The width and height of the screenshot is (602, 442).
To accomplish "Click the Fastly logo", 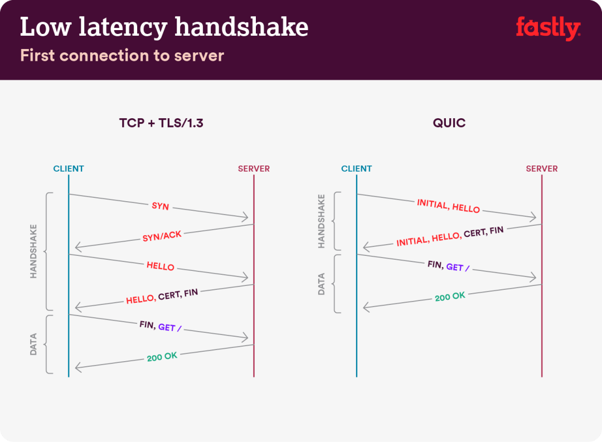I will (x=548, y=28).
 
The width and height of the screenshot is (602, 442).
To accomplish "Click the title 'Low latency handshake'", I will (x=164, y=27).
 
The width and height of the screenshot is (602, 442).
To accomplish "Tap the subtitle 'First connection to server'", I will (x=122, y=56).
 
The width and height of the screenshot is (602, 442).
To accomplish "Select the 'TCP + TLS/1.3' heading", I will (x=161, y=123).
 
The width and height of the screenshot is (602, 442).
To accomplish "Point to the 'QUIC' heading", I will (x=449, y=123).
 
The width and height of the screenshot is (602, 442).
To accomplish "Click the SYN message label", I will (x=161, y=206).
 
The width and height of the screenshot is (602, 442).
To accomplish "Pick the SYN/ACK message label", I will (x=162, y=236).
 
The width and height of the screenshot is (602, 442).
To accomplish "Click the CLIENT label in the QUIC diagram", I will (x=356, y=168).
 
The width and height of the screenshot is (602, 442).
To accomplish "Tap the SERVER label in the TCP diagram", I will (x=254, y=168).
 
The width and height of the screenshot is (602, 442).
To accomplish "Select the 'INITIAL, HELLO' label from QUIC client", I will (x=448, y=206).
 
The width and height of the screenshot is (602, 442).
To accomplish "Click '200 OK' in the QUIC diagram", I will (x=450, y=297).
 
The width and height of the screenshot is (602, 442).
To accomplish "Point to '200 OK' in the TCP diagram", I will (x=162, y=357).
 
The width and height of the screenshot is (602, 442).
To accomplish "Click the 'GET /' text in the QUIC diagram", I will (x=458, y=268).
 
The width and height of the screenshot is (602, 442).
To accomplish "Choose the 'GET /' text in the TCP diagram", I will (x=170, y=327).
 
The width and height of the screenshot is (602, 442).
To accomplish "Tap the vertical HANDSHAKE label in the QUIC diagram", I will (x=321, y=221).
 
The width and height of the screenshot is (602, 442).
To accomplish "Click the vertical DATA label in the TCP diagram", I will (x=33, y=344).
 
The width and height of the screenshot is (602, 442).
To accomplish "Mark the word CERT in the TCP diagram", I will (x=169, y=296).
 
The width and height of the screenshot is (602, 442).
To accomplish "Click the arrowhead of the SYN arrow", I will (x=246, y=218).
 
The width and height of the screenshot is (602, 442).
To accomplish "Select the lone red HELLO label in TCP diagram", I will (x=161, y=266).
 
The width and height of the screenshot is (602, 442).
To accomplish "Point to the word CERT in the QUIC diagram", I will (x=475, y=233).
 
